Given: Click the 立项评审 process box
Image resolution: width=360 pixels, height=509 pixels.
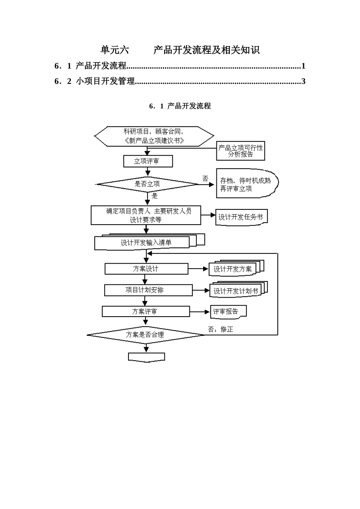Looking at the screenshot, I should (148, 161).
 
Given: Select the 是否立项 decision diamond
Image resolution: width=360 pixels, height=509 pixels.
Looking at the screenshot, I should (147, 184).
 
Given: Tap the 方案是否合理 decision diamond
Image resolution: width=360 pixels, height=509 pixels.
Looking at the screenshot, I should (145, 335).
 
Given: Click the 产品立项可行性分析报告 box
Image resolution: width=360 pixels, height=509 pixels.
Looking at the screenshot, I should (241, 151).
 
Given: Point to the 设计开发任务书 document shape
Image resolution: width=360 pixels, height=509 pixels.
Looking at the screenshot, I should (241, 217).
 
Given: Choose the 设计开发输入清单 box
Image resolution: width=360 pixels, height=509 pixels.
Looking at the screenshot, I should (146, 243).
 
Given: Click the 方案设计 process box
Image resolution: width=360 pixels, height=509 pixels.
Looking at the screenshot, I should (146, 269).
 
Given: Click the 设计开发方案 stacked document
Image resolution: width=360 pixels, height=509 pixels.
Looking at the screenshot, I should (233, 269).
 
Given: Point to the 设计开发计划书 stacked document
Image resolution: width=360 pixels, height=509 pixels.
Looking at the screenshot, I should (236, 291).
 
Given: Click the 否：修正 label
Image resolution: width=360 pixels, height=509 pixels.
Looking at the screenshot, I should (221, 329).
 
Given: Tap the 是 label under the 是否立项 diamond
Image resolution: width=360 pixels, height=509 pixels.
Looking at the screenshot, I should (155, 196).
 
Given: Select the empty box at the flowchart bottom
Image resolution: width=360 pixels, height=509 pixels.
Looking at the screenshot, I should (146, 357).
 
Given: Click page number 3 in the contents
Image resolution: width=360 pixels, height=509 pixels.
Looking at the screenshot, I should (303, 81).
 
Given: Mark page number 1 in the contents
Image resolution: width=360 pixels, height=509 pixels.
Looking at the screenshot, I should (303, 66).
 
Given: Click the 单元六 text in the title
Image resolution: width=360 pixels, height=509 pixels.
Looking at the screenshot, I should (114, 50).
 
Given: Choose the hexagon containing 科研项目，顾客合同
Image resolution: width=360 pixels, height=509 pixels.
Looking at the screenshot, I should (154, 136).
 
